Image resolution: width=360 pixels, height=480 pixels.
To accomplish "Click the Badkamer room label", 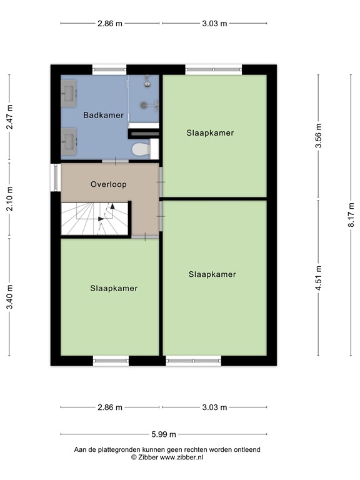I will click(104, 115).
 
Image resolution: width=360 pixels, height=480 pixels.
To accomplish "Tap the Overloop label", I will click(108, 184).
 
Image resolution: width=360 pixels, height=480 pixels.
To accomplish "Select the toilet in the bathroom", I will click(142, 149).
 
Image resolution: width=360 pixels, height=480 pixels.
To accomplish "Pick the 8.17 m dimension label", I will click(351, 216).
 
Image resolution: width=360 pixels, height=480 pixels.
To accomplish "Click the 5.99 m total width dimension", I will click(163, 434).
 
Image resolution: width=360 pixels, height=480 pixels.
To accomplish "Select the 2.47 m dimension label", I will click(9, 117).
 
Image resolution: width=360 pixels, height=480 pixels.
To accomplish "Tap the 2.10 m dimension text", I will click(9, 199).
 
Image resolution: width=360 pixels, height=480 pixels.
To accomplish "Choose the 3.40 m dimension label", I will click(9, 296).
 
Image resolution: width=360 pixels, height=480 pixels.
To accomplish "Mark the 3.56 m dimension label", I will click(318, 136).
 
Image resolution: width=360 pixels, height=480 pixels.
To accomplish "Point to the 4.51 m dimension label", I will click(318, 277).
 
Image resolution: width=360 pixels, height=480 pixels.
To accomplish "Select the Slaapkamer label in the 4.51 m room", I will click(212, 274).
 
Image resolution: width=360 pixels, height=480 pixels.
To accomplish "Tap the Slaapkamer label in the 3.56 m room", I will click(210, 132).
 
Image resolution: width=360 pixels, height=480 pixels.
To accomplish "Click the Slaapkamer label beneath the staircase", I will click(114, 288).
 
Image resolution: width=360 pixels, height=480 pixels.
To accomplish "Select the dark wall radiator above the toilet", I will click(144, 132).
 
